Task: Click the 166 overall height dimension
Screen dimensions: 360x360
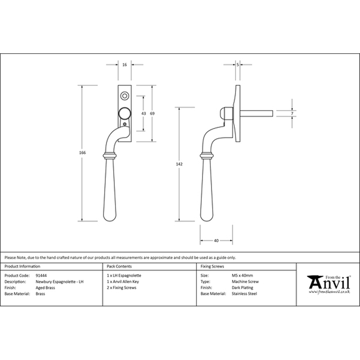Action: tap(82, 153)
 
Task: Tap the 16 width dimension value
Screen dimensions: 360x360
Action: tap(125, 65)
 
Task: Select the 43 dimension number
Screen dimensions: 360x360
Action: tap(144, 113)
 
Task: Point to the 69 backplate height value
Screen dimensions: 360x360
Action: tap(152, 113)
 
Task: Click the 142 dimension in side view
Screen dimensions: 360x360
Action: tap(179, 164)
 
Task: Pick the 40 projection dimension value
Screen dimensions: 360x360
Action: tap(216, 240)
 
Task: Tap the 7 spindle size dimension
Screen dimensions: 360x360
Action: tap(292, 113)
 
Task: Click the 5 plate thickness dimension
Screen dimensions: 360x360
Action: tap(238, 65)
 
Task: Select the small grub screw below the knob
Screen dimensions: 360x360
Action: tap(125, 125)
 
